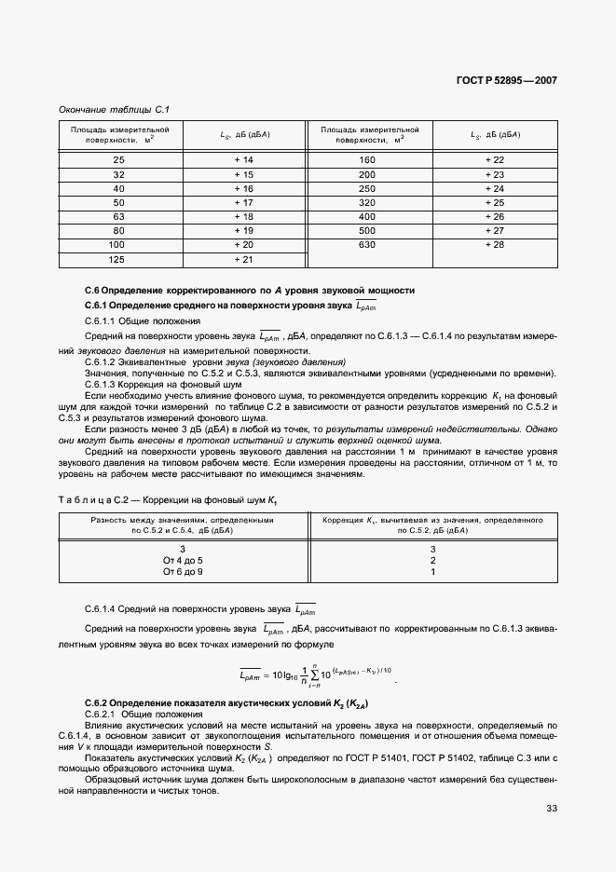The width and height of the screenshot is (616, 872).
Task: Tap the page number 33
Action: click(551, 808)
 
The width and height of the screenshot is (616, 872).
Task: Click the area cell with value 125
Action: click(118, 258)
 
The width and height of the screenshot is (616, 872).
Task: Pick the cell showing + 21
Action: click(243, 258)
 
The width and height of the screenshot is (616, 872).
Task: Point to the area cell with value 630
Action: click(367, 244)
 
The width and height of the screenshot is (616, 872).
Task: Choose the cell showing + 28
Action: click(494, 244)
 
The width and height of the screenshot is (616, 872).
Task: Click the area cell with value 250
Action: click(367, 188)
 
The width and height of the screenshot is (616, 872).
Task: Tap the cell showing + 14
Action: click(243, 160)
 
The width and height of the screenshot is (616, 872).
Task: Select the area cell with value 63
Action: click(118, 216)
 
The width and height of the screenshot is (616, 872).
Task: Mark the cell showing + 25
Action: click(494, 202)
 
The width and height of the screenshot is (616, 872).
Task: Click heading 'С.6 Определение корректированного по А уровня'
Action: click(249, 291)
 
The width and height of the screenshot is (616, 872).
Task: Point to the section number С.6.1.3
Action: click(104, 384)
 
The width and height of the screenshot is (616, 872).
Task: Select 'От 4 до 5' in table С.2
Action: click(183, 560)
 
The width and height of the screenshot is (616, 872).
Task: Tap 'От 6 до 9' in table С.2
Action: click(183, 572)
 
